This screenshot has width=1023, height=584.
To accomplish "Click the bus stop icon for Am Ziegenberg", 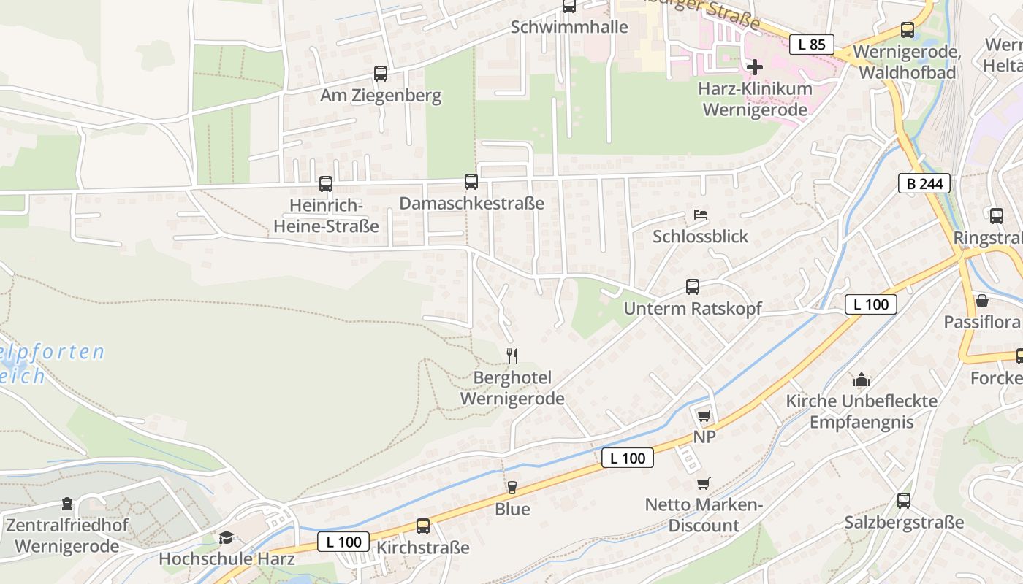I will tap(381, 74).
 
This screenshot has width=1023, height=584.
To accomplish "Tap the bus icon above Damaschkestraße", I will tap(471, 182).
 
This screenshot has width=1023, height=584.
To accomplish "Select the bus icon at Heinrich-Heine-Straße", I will tap(326, 184).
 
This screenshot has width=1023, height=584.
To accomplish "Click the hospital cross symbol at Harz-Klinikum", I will tap(755, 67).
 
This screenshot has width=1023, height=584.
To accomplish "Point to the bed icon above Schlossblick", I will tap(700, 215).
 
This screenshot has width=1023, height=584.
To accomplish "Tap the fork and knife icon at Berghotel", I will tap(512, 356).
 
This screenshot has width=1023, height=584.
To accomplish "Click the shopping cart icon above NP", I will tap(704, 416).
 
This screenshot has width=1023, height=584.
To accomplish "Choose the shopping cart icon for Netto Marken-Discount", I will tap(703, 483).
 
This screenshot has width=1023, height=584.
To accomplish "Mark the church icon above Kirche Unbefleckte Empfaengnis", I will tap(862, 380).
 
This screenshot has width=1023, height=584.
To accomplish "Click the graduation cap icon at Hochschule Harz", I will tap(227, 538).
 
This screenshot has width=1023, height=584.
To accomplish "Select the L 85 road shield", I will tap(811, 45).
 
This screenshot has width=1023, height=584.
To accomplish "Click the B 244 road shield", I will tap(924, 184).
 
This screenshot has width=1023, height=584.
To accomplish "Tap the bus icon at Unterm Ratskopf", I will tap(693, 287).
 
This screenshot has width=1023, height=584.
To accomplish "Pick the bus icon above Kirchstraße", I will tap(423, 526).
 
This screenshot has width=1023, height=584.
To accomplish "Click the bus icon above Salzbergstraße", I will tap(904, 501).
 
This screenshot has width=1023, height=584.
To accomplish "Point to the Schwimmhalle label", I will tap(569, 27).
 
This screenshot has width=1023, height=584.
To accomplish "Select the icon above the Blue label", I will tap(512, 488).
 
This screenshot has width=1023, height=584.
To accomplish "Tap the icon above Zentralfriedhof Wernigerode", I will tap(67, 504).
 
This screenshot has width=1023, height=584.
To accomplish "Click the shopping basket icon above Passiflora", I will tap(982, 301).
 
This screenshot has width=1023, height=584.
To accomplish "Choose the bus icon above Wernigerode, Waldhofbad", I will tap(908, 30).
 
